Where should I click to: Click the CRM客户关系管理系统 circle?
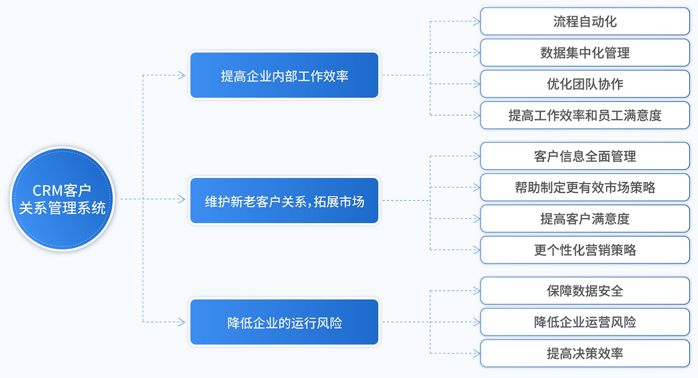click(62, 199)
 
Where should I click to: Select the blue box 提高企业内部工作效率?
click(284, 75)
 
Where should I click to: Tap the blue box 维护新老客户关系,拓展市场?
click(284, 201)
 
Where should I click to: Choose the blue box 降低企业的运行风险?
click(284, 322)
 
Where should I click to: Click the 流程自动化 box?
click(585, 21)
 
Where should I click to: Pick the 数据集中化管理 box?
click(585, 53)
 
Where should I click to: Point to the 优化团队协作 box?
click(585, 84)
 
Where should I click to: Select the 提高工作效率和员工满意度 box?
click(585, 115)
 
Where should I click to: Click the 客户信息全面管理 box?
click(585, 156)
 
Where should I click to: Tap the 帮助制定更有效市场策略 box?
click(585, 187)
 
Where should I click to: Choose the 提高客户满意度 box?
click(585, 218)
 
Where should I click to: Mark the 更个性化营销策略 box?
click(585, 250)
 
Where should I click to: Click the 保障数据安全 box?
click(585, 290)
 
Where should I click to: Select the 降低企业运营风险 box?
click(585, 322)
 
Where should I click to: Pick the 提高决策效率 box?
click(585, 353)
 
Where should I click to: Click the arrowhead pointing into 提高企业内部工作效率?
click(181, 75)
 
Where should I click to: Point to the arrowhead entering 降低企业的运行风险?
click(181, 322)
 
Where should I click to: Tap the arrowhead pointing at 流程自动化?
click(477, 21)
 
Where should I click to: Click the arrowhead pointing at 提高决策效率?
click(477, 353)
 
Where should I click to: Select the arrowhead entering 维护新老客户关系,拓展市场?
click(181, 199)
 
